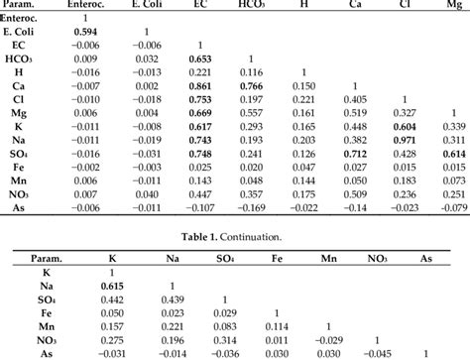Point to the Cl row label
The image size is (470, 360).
point(27,100)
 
